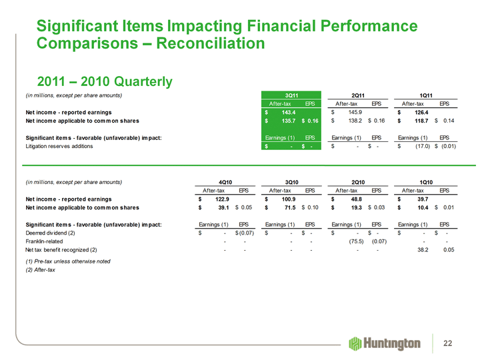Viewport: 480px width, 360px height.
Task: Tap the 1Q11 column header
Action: click(x=426, y=95)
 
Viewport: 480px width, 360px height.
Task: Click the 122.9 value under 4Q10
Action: click(x=219, y=199)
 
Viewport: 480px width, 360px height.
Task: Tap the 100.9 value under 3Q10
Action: click(x=286, y=199)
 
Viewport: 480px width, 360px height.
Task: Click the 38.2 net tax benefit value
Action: click(x=418, y=250)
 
